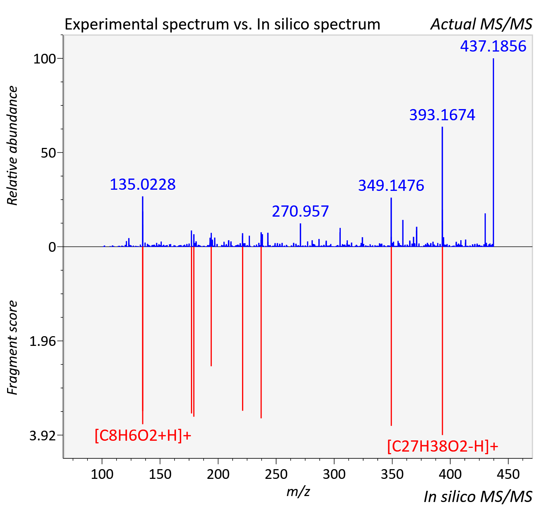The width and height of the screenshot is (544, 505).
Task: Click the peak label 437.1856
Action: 493,46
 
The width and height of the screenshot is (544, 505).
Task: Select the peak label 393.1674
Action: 442,115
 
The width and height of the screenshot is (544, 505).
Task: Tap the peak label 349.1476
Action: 391,185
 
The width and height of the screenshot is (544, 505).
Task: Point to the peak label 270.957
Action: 300,211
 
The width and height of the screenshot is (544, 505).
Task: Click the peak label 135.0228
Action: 143,184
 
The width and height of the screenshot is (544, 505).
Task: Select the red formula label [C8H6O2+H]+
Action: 143,436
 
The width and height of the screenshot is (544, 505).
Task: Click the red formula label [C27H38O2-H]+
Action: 443,446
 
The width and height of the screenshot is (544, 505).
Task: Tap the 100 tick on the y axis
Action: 44,59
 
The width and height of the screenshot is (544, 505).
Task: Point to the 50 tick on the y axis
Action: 48,153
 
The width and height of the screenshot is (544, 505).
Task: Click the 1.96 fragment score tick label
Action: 43,341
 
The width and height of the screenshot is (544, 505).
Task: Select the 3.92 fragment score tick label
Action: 43,436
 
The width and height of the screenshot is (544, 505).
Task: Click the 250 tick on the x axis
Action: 276,474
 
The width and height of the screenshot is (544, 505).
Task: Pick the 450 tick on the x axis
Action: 508,474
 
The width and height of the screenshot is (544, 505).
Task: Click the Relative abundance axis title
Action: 12,146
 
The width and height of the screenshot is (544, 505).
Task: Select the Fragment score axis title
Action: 12,348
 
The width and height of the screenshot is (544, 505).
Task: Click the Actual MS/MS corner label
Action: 482,24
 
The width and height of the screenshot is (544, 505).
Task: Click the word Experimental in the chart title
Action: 111,25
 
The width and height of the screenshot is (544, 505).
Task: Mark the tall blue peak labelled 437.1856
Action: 493,152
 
